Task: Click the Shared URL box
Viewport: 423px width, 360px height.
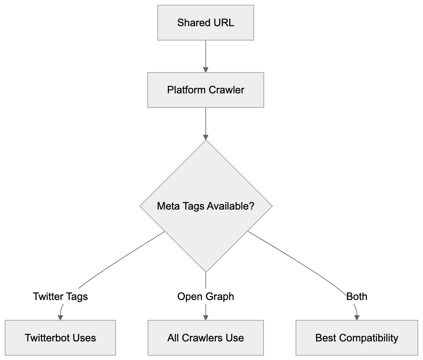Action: pyautogui.click(x=206, y=23)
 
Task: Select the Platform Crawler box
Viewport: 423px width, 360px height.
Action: pyautogui.click(x=206, y=90)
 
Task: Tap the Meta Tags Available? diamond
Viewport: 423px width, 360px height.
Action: pyautogui.click(x=206, y=206)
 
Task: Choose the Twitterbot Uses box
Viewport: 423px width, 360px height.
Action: pyautogui.click(x=60, y=338)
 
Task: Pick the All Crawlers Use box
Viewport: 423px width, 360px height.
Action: pyautogui.click(x=206, y=338)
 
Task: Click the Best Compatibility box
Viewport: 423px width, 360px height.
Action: pyautogui.click(x=357, y=338)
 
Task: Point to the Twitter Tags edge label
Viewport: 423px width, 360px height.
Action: pyautogui.click(x=60, y=297)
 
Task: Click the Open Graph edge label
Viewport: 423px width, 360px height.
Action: pyautogui.click(x=206, y=297)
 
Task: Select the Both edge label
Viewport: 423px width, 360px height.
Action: pyautogui.click(x=357, y=297)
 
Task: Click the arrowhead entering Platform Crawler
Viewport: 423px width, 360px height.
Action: pyautogui.click(x=206, y=69)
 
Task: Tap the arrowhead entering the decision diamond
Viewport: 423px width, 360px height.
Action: pyautogui.click(x=206, y=137)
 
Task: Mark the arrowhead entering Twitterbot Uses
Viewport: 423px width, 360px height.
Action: pyautogui.click(x=60, y=317)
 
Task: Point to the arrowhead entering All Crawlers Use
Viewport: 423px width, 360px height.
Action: pyautogui.click(x=206, y=317)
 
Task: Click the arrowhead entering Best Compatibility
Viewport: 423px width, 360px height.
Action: pyautogui.click(x=357, y=317)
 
